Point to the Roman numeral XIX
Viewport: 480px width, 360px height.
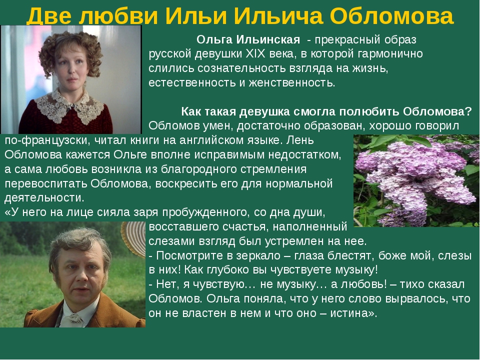tap(256, 54)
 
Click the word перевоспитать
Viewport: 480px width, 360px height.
tap(46, 183)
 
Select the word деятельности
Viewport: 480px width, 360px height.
tap(44, 198)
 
